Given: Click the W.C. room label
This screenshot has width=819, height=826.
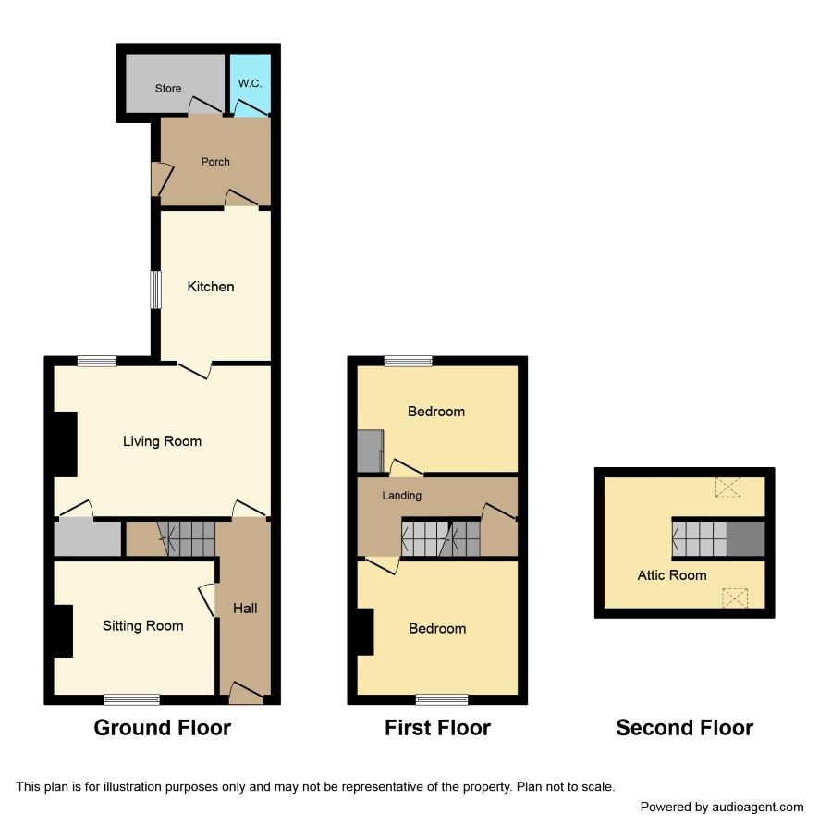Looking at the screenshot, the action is tap(250, 83).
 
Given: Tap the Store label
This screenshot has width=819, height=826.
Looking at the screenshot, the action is tap(168, 89).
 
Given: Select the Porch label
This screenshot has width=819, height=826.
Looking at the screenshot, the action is tap(215, 162).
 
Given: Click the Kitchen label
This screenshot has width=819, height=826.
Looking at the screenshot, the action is tap(211, 287).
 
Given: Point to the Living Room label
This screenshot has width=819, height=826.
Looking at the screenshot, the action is tap(162, 441).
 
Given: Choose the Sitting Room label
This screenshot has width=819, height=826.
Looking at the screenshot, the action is tap(143, 626).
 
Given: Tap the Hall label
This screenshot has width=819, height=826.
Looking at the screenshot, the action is tap(245, 609).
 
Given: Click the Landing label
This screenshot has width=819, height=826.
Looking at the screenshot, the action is tap(401, 495).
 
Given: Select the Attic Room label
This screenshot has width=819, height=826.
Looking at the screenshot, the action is tap(672, 575).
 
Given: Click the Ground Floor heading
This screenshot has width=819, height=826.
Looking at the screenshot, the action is tap(163, 728).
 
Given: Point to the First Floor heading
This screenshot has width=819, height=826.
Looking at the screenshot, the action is tap(437, 728).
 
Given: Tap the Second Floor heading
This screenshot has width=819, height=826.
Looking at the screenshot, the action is tap(685, 728).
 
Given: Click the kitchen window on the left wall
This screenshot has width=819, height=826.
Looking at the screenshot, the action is tap(155, 290).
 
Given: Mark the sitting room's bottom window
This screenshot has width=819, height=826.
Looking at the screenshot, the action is tap(131, 699).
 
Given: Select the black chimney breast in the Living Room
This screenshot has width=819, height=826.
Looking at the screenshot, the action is tap(66, 444).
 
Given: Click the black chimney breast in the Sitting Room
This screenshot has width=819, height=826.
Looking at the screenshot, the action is tap(63, 631).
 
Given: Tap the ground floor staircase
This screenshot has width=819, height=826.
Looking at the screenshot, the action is tap(187, 538).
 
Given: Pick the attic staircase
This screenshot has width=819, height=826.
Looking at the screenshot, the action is tap(700, 538).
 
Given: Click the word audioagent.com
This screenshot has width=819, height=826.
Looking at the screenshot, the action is tap(757, 807).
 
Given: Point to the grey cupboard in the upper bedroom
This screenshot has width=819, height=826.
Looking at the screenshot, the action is tap(370, 451).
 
